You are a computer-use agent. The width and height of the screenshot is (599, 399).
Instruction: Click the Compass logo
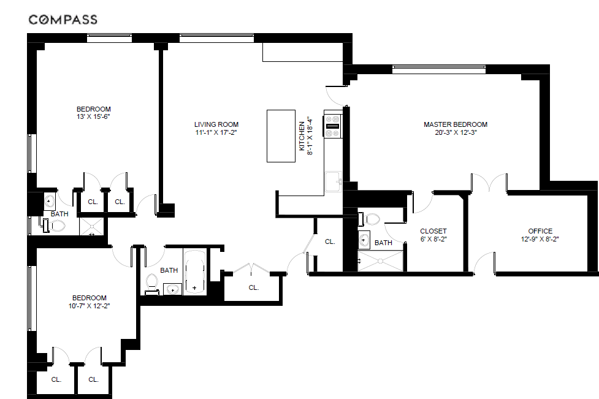pyautogui.click(x=63, y=20)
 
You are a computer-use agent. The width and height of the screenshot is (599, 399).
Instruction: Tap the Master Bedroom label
pyautogui.click(x=456, y=124)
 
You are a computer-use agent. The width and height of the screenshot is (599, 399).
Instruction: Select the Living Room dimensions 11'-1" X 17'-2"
pyautogui.click(x=216, y=132)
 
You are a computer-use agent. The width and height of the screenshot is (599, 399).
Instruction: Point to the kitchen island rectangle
pyautogui.click(x=281, y=136)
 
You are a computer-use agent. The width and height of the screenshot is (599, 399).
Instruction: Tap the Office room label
pyautogui.click(x=540, y=231)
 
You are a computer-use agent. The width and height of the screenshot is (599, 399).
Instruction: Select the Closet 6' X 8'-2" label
pyautogui.click(x=433, y=235)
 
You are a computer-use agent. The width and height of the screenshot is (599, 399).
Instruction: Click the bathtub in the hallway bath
pyautogui.click(x=195, y=272)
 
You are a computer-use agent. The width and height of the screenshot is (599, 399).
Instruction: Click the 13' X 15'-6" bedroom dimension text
pyautogui.click(x=94, y=116)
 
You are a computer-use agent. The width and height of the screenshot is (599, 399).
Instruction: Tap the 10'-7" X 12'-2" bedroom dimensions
pyautogui.click(x=90, y=305)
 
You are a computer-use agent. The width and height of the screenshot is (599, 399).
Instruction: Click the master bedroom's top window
pyautogui.click(x=439, y=69)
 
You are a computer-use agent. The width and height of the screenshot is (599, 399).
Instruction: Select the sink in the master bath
pyautogui.click(x=364, y=240)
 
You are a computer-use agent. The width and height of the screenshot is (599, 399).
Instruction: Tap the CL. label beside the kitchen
pyautogui.click(x=330, y=241)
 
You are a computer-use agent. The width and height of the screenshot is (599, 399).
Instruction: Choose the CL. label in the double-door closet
pyautogui.click(x=254, y=287)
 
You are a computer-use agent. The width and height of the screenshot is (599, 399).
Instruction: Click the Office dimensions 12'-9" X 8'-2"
pyautogui.click(x=540, y=240)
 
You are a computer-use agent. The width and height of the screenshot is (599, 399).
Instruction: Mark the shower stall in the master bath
pyautogui.click(x=381, y=260)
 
